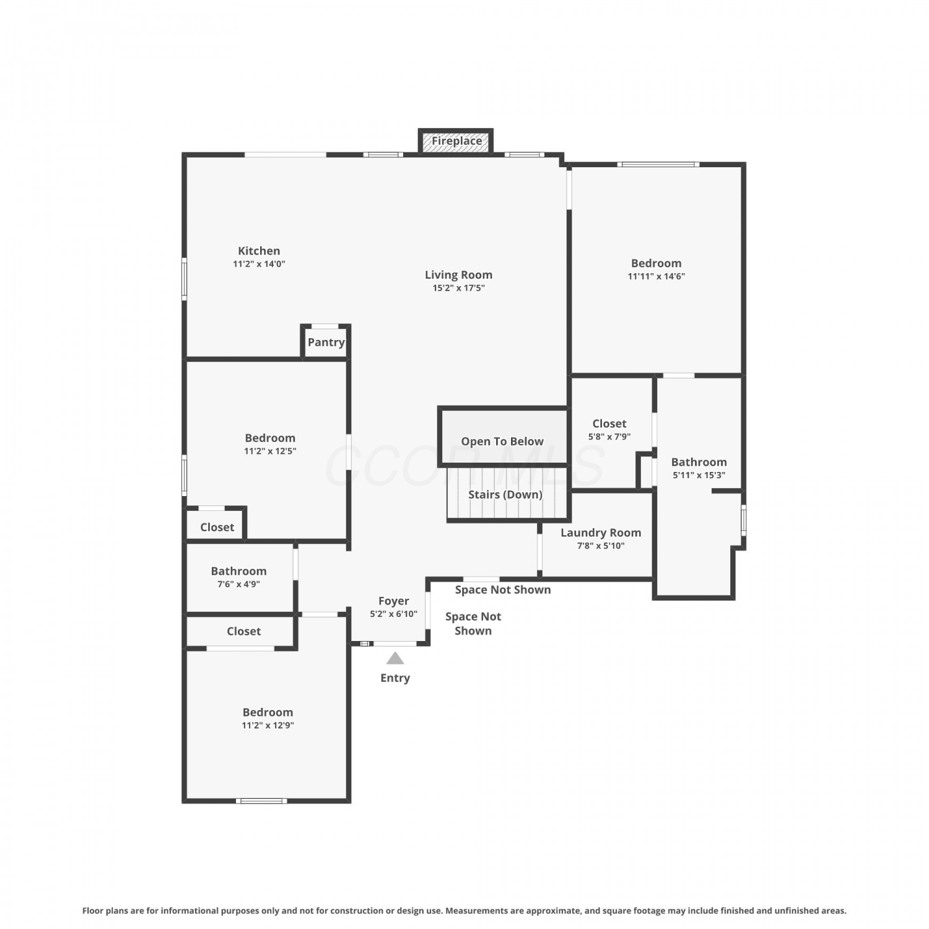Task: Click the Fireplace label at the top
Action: tap(456, 141)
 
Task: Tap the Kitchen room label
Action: tap(259, 251)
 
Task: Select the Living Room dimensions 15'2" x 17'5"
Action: tap(458, 288)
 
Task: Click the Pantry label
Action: tap(326, 342)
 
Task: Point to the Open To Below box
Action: tap(502, 437)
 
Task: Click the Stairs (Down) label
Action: tap(505, 494)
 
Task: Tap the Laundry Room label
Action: tap(601, 533)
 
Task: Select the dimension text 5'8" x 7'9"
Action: tap(609, 437)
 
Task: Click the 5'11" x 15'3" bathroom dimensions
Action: tap(699, 476)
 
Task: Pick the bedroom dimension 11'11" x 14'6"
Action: tap(656, 276)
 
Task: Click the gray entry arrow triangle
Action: tap(395, 658)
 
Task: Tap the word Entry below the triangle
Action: tap(395, 678)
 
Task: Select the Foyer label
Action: tap(394, 601)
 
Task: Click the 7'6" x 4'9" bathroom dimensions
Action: tap(238, 584)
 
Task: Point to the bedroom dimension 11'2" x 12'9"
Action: tap(268, 725)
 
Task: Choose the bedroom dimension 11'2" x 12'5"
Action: tap(270, 451)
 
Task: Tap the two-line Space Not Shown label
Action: tap(473, 624)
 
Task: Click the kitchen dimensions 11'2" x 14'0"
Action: tap(259, 264)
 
